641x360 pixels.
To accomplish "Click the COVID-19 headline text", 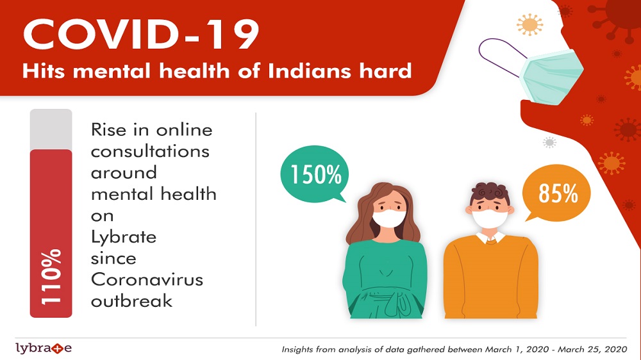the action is click(141, 35).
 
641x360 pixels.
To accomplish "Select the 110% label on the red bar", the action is click(51, 276).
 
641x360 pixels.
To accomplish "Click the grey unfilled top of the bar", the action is click(51, 129).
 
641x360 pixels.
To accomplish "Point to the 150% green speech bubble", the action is click(314, 174).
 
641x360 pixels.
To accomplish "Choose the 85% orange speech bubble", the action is click(558, 193).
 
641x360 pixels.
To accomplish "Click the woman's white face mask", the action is click(389, 218).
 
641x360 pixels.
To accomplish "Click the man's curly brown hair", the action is click(490, 193).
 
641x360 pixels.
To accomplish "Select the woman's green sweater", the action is click(385, 279).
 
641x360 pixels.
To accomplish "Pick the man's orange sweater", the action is click(490, 278).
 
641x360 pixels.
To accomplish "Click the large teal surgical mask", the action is click(551, 76).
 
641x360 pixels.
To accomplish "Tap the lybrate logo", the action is click(44, 348).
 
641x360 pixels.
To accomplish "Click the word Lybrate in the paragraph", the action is click(124, 238).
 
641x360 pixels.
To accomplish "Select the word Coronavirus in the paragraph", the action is click(147, 280).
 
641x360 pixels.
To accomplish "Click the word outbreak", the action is click(131, 301).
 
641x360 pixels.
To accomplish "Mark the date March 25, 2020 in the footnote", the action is click(592, 350).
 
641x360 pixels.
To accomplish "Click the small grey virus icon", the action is click(549, 142).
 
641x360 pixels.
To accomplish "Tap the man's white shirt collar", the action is click(490, 238).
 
